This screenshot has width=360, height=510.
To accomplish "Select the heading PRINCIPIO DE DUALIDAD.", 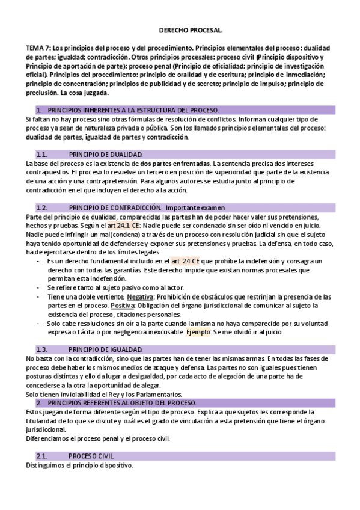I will pyautogui.click(x=105, y=155).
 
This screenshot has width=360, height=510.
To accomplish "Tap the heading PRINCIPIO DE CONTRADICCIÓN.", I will pyautogui.click(x=115, y=207).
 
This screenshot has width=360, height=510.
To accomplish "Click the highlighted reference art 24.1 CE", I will pyautogui.click(x=124, y=225).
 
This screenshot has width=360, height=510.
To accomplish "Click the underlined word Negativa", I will pyautogui.click(x=140, y=297).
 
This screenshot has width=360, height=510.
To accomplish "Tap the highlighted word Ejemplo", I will pyautogui.click(x=197, y=331).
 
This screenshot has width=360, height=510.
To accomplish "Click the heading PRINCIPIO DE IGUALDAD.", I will pyautogui.click(x=105, y=349).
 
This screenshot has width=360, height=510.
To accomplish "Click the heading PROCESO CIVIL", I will pyautogui.click(x=91, y=455).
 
